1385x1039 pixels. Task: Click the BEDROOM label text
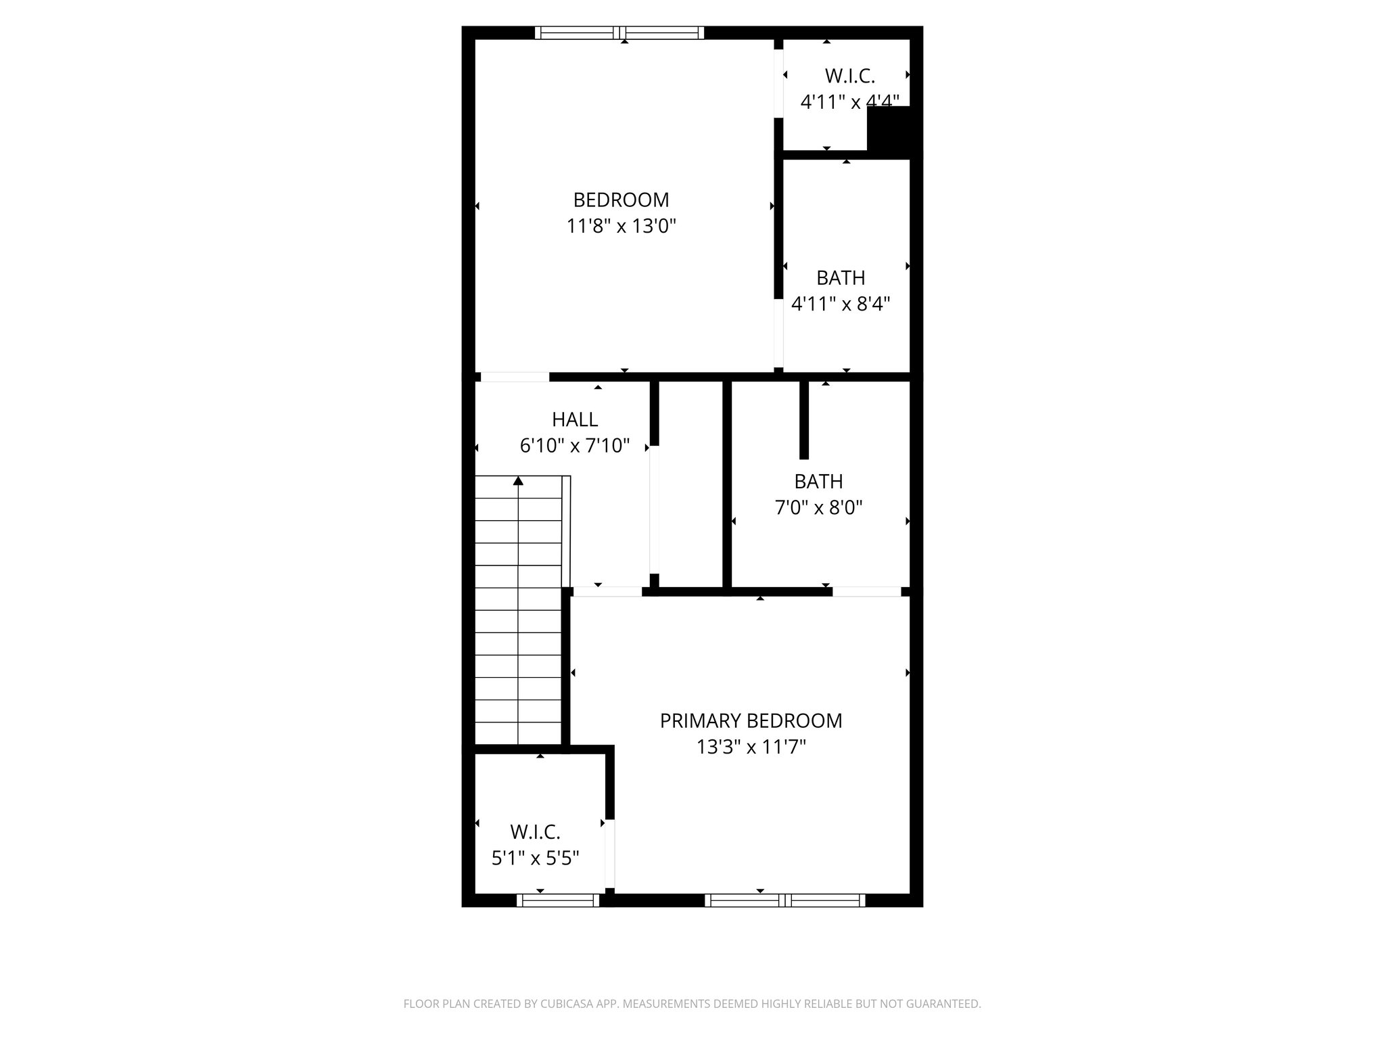pyautogui.click(x=621, y=200)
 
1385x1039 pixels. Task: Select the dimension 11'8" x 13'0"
pyautogui.click(x=621, y=226)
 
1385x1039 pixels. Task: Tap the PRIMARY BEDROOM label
pyautogui.click(x=751, y=721)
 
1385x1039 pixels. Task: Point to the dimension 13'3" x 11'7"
pyautogui.click(x=751, y=747)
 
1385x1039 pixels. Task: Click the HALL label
pyautogui.click(x=575, y=420)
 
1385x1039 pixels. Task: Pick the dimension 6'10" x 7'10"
pyautogui.click(x=575, y=446)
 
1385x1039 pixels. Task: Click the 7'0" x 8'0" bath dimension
pyautogui.click(x=818, y=508)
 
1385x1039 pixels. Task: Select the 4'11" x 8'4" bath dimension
pyautogui.click(x=841, y=304)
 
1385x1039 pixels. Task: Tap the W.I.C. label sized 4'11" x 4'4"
pyautogui.click(x=849, y=76)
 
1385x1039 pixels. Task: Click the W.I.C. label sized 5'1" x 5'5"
pyautogui.click(x=535, y=831)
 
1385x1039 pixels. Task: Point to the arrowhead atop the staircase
pyautogui.click(x=518, y=481)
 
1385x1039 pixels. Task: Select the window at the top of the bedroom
pyautogui.click(x=619, y=32)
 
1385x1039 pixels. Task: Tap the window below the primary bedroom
pyautogui.click(x=784, y=900)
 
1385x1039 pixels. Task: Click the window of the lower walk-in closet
pyautogui.click(x=558, y=900)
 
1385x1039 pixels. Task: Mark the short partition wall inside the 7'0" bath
pyautogui.click(x=804, y=420)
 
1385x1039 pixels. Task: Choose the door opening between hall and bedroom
pyautogui.click(x=515, y=377)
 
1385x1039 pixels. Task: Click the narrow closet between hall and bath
pyautogui.click(x=690, y=484)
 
